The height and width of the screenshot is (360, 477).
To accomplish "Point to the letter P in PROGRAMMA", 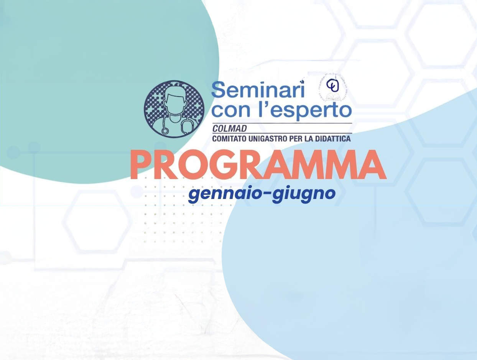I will (x=141, y=166).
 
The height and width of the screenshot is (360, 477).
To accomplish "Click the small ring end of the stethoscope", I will (x=165, y=131).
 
